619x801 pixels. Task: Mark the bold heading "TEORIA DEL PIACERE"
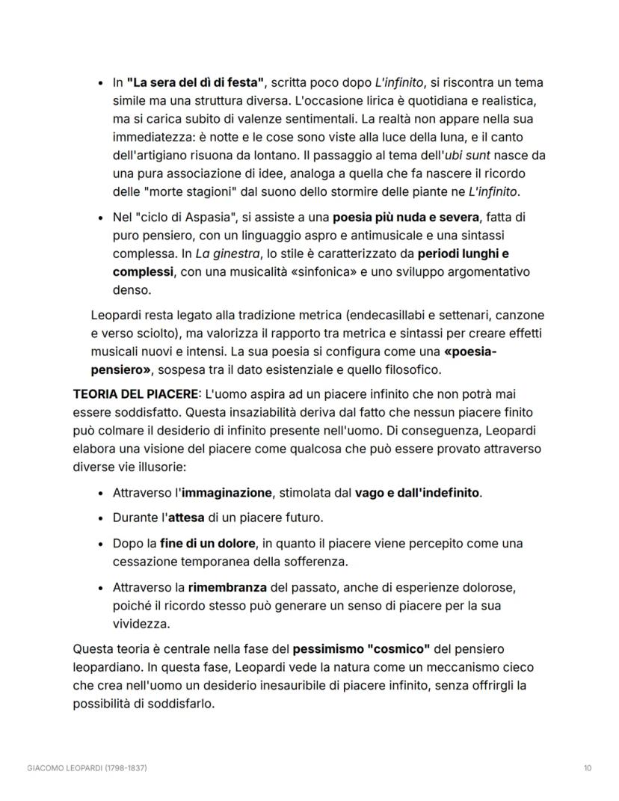click(x=135, y=393)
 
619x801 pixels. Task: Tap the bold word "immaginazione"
click(x=227, y=493)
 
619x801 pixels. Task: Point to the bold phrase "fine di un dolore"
click(x=207, y=543)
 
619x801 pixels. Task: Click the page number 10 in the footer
click(x=586, y=768)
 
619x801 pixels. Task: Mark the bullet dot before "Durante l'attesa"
click(x=101, y=518)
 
